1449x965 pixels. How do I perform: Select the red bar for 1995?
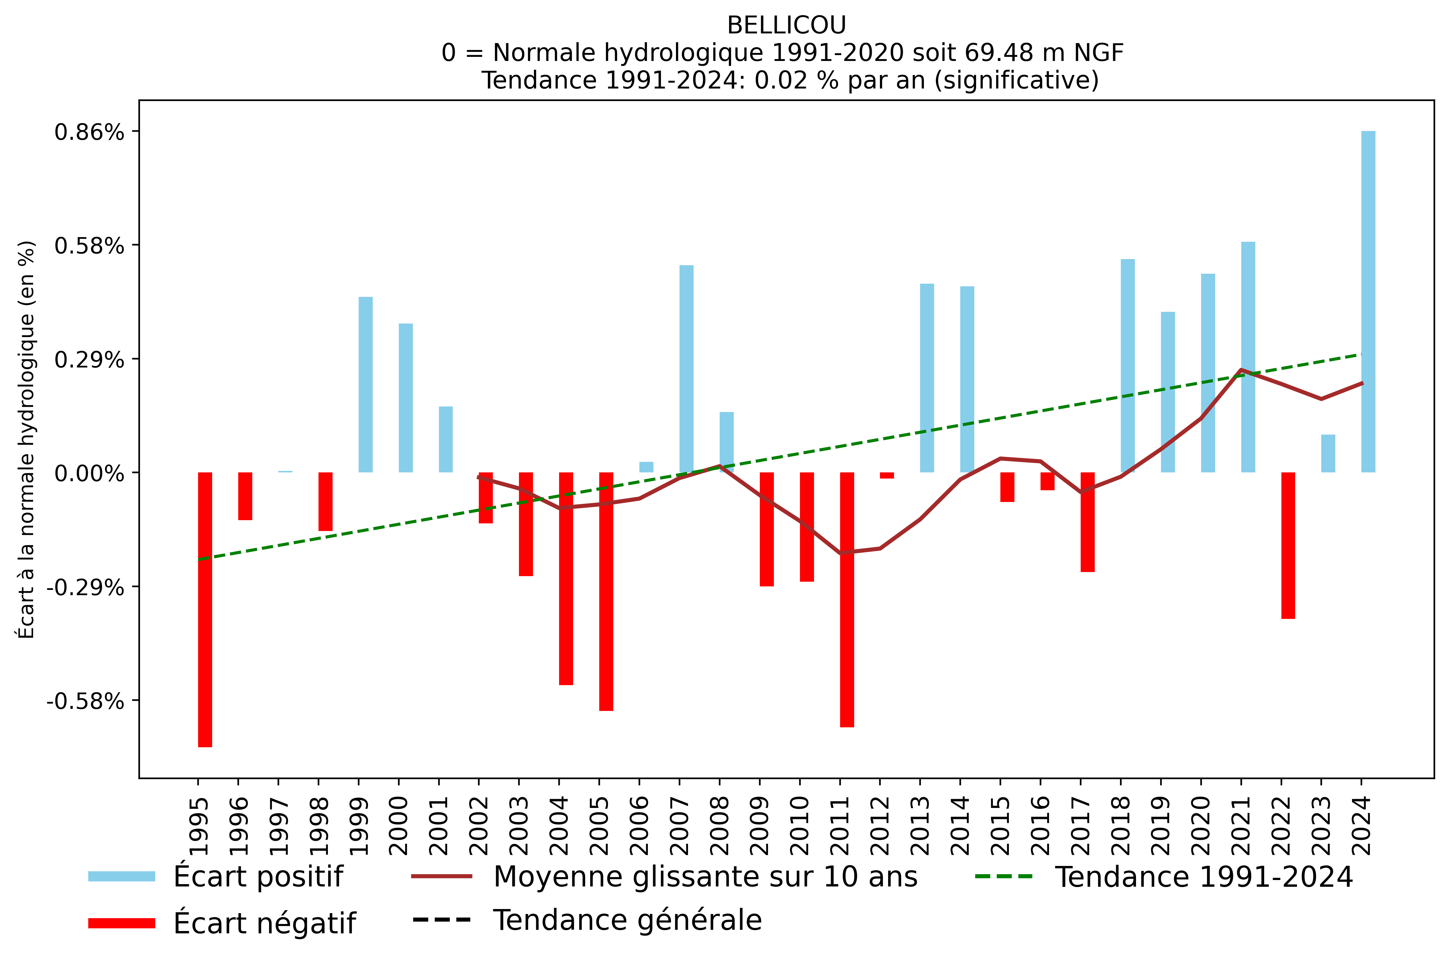(x=205, y=609)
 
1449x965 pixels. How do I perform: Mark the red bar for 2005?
(x=606, y=591)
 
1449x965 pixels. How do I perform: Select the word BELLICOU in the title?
(x=786, y=25)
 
